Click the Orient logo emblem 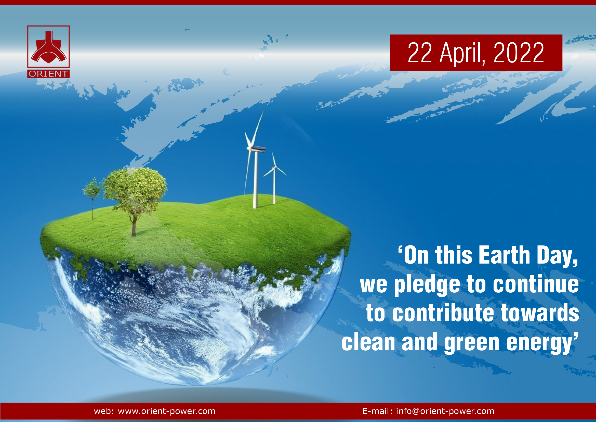click(49, 47)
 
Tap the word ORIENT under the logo click(49, 74)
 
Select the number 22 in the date click(420, 53)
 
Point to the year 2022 click(519, 53)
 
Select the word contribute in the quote click(443, 313)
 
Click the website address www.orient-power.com click(167, 411)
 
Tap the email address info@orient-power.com click(445, 411)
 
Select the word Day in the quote click(557, 256)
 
